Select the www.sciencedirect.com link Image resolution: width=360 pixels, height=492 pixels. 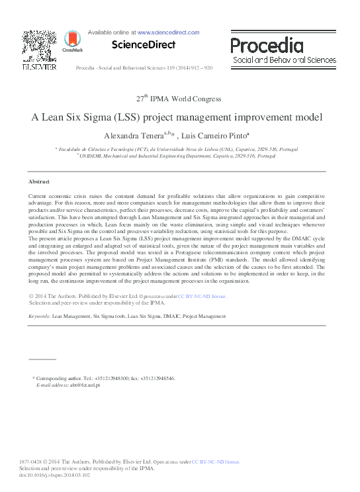click(168, 32)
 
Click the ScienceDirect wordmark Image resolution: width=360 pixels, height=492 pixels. click(143, 45)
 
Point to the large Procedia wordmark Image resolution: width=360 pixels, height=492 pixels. click(267, 45)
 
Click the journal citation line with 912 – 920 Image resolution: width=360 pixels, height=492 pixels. click(144, 68)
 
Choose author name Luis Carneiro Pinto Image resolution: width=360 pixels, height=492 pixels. click(203, 135)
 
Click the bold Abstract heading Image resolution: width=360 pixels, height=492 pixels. click(40, 181)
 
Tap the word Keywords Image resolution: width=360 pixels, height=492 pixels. click(39, 317)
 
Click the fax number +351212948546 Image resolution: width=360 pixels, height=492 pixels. click(156, 377)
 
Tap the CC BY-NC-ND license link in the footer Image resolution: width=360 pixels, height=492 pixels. click(216, 461)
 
